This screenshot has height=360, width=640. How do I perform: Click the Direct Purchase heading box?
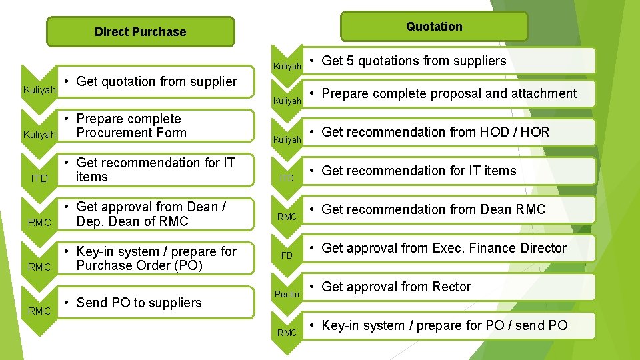click(x=141, y=32)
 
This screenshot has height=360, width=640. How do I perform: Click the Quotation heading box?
click(x=434, y=27)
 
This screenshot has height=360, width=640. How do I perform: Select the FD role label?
click(x=287, y=255)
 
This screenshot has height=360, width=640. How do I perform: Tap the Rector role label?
click(x=287, y=294)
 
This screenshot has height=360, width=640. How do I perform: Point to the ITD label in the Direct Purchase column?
click(x=39, y=179)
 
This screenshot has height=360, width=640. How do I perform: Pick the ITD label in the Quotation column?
click(x=287, y=178)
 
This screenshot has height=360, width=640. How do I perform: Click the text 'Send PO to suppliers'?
click(x=139, y=303)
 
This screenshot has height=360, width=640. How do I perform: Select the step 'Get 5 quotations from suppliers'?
click(x=413, y=61)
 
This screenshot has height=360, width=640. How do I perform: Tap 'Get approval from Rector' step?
click(x=396, y=287)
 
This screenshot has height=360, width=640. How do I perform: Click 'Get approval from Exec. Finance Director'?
click(x=443, y=248)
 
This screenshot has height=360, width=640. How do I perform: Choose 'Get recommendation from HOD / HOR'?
click(x=435, y=132)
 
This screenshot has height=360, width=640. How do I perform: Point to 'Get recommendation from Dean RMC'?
click(x=433, y=209)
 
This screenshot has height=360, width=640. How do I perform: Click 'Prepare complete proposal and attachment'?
click(x=449, y=93)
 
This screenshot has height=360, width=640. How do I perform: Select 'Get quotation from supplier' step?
click(x=157, y=81)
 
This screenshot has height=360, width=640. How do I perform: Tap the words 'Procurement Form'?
click(x=131, y=133)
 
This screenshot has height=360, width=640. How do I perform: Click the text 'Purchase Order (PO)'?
click(x=139, y=265)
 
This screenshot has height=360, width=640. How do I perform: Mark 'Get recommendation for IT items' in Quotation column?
click(x=419, y=171)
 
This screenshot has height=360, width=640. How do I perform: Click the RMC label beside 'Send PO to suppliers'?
click(x=39, y=311)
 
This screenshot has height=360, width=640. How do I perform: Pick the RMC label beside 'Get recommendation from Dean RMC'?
click(x=287, y=217)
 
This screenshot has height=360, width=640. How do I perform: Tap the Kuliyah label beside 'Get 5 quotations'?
click(x=287, y=67)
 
